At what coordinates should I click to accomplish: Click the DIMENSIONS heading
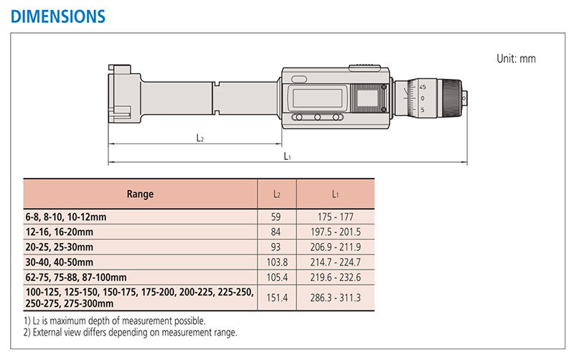58,16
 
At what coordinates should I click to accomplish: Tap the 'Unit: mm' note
516,59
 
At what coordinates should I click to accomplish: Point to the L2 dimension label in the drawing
200,138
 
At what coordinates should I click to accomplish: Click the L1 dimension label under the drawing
288,156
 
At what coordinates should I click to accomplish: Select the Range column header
140,194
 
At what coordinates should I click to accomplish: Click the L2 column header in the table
277,194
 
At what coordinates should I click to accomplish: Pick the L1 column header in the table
335,194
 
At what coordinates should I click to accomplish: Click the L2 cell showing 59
276,217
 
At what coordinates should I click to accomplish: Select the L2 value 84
276,232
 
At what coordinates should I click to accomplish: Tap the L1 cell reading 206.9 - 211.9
335,247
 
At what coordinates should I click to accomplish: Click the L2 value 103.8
277,262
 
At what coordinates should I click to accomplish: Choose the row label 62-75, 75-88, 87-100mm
76,278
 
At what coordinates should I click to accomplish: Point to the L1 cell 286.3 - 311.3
335,298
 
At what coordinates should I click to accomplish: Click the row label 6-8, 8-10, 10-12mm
66,217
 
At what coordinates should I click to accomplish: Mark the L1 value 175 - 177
335,217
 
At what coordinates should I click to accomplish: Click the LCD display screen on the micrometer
317,98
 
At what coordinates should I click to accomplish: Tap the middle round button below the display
317,118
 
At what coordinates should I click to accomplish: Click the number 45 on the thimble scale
423,87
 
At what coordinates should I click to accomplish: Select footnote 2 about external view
131,332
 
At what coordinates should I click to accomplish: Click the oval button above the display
299,79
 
